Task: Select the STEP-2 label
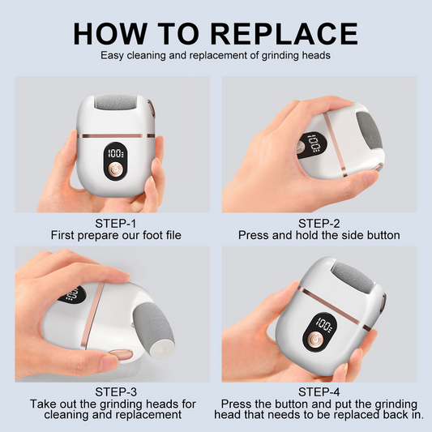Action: point(319,223)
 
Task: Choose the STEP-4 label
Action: point(319,391)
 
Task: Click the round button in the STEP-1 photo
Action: point(116,171)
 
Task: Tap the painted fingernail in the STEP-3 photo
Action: point(118,354)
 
